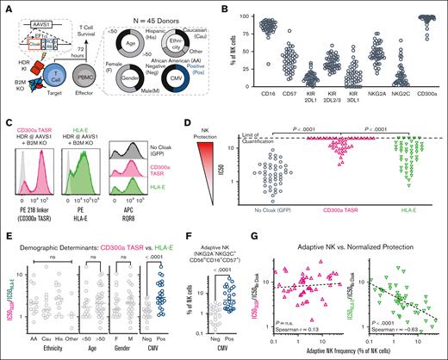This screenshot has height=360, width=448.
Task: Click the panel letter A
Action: (6, 6)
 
